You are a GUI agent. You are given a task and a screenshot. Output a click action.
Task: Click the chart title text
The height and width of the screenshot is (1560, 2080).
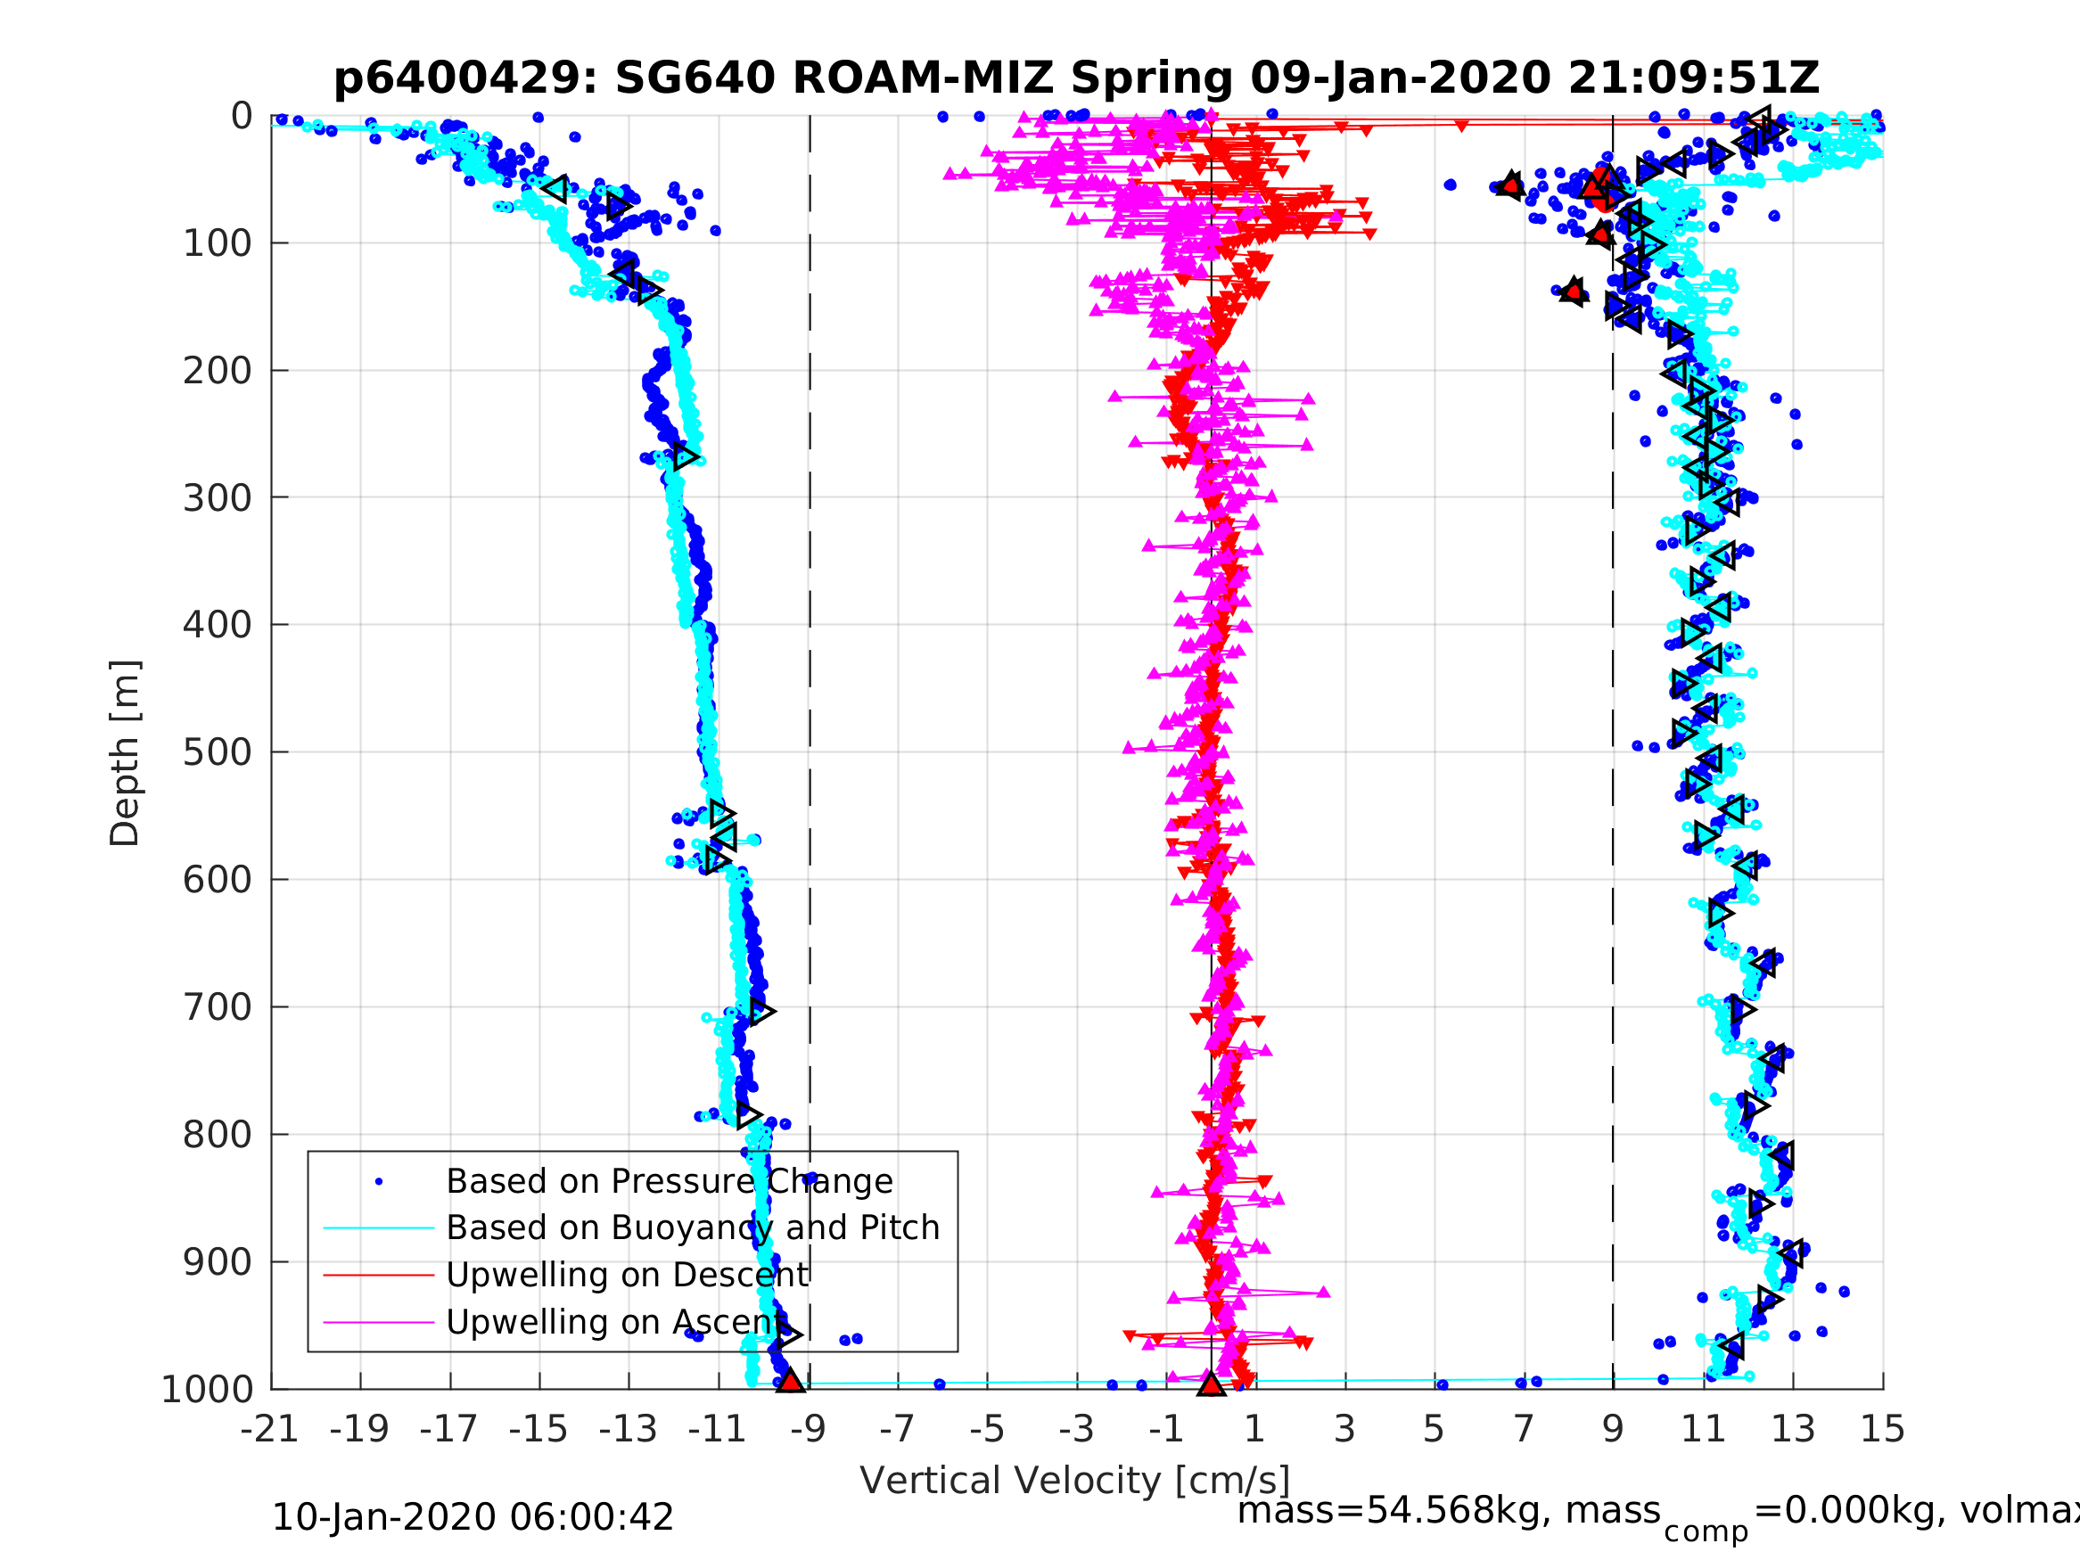[1076, 78]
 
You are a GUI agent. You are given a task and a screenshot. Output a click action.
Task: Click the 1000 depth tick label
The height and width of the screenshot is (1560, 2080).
[207, 1390]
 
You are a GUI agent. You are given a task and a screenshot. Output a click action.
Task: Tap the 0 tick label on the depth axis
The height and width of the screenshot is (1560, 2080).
[242, 117]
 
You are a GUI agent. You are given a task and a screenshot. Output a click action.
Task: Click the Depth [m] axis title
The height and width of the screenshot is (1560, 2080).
[125, 753]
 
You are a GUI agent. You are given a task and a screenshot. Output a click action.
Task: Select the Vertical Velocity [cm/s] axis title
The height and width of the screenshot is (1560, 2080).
[1075, 1481]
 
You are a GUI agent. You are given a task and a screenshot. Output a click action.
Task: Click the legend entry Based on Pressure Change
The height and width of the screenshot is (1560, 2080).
[669, 1182]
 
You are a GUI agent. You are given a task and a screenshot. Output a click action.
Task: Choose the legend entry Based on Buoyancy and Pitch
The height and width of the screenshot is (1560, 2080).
[692, 1228]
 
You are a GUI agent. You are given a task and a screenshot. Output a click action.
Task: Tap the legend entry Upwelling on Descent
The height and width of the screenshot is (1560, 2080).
[626, 1275]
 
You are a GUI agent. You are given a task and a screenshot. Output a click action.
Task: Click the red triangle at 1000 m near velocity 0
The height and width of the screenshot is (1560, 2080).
[1211, 1384]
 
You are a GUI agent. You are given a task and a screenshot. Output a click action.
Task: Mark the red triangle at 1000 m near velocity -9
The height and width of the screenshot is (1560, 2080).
[790, 1382]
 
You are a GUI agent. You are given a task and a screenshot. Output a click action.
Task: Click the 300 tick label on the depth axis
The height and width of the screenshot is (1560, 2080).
[218, 498]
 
